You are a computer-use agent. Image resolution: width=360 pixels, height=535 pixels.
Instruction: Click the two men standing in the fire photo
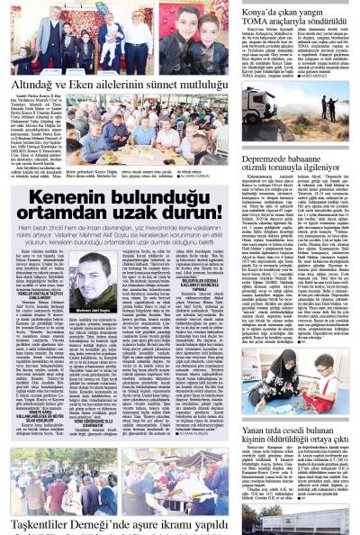[329, 105]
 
